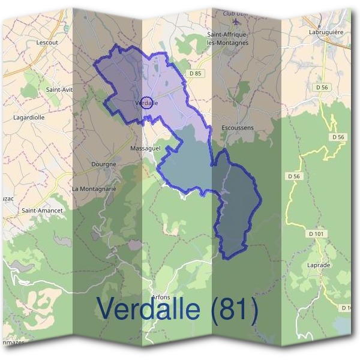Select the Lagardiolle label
29,118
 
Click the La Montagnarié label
94,189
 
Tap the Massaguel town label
144,147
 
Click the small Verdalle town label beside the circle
148,103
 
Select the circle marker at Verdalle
146,101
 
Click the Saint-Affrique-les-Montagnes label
227,39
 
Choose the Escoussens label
238,128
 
